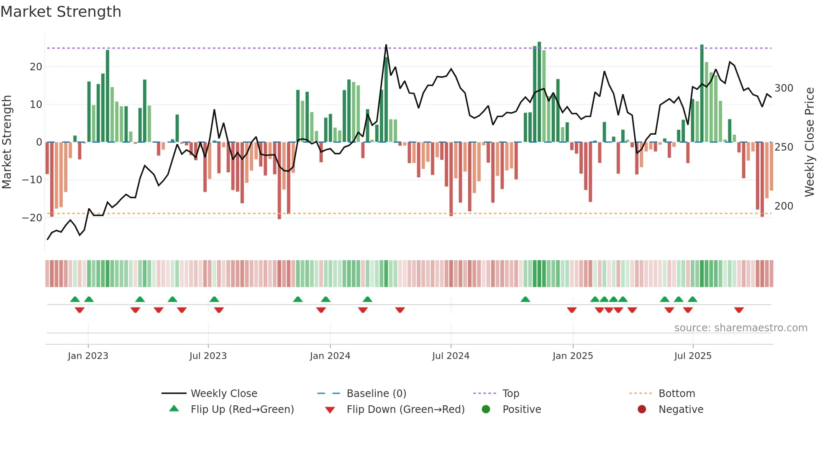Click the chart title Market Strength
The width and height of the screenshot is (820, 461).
point(61,12)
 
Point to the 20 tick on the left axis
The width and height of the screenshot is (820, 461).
point(36,67)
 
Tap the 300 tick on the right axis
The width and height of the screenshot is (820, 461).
point(784,88)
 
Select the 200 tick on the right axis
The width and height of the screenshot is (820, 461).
point(784,206)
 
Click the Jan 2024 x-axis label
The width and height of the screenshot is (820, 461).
point(330,356)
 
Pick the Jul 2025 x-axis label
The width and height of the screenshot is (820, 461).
point(692,356)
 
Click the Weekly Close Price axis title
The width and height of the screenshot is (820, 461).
point(810,142)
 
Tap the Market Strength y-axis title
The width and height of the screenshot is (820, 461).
point(7,142)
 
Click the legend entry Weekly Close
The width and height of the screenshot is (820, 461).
point(224,394)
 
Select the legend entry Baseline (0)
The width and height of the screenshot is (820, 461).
point(376,394)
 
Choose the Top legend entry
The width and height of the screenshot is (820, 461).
point(510,394)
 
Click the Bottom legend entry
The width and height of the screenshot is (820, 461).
point(676,394)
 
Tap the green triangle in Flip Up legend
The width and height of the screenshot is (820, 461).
point(174,409)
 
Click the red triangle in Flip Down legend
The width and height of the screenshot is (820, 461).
point(330,410)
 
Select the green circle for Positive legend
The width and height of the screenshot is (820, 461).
point(486,409)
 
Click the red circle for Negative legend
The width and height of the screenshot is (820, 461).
point(642,409)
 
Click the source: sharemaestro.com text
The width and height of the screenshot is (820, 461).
point(741,328)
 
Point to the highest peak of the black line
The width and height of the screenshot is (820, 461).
point(386,45)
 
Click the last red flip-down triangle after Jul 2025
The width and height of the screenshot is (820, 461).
point(739,310)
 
